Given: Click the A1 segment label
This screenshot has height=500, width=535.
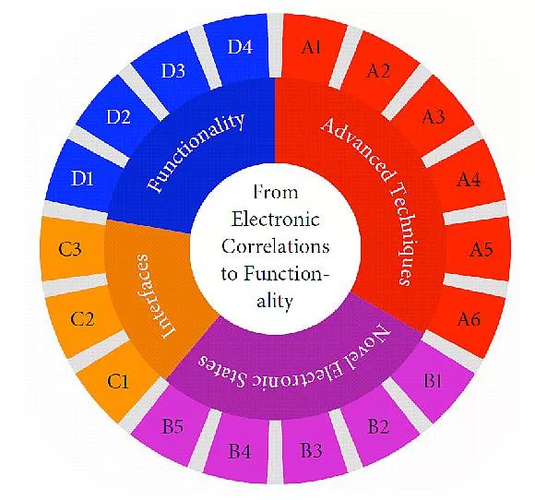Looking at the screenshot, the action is point(311,47).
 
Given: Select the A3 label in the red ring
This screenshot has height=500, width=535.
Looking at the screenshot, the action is point(434,117).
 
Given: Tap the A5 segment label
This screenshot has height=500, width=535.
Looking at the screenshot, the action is point(481,249).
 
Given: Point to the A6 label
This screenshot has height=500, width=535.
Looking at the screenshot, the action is point(470,319).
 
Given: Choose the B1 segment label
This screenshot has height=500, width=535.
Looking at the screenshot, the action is point(433,380).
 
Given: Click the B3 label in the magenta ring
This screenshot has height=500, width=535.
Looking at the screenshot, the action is point(311,450).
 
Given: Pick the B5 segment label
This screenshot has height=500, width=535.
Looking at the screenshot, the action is point(172,426).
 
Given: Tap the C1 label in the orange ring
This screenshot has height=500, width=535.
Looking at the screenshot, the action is point(118,381).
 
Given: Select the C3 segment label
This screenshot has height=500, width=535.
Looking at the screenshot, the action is point(70,249).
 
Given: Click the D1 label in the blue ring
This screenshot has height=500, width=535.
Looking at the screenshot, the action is point(82,178).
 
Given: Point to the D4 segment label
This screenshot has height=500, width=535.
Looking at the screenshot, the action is point(240,47).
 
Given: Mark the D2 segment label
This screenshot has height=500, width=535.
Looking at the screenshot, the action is point(118,117).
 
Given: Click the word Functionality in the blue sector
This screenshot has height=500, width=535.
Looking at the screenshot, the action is point(196,152).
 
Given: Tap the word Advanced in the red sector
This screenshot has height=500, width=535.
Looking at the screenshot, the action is point(358,149).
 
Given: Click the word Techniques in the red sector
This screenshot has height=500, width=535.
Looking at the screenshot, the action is point(404,233).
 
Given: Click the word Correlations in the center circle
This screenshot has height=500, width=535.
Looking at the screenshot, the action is point(276,246).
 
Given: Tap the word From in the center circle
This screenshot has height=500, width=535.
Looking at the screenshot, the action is point(276,192).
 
